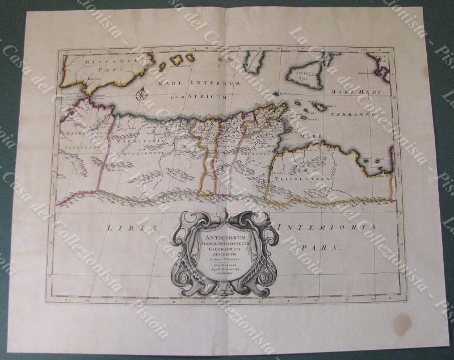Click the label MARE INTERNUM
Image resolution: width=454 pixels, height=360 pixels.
point(192,82)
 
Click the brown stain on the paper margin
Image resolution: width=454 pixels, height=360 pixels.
point(402,324)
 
